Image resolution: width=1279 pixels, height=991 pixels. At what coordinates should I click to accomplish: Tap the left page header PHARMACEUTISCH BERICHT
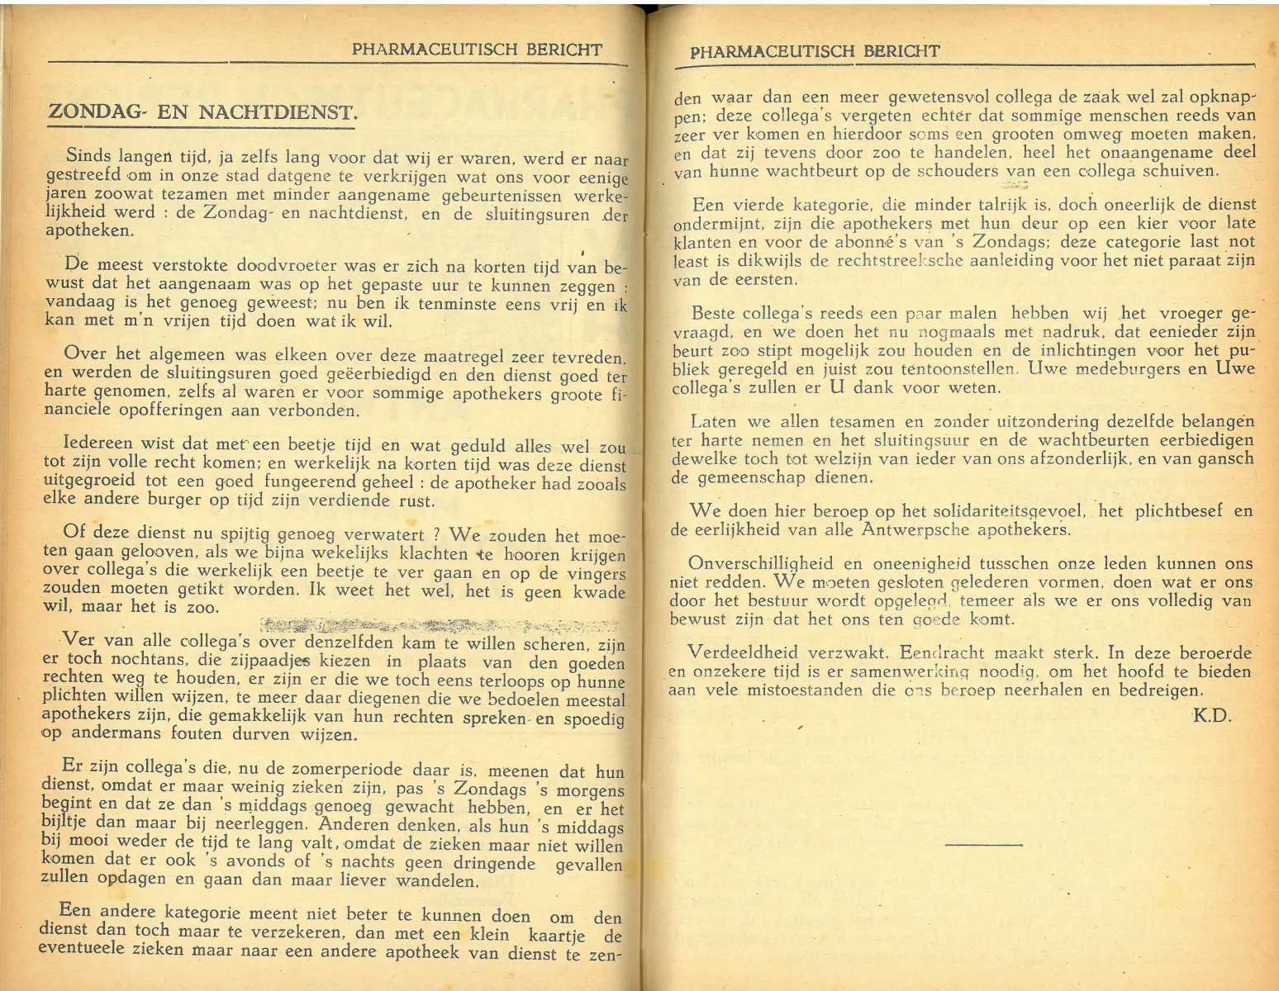477,50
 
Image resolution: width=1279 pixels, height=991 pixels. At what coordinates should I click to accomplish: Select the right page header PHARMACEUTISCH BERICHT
815,52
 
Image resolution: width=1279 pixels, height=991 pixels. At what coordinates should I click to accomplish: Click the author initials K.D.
1212,716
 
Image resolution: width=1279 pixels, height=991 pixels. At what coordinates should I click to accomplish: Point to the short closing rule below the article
982,845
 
